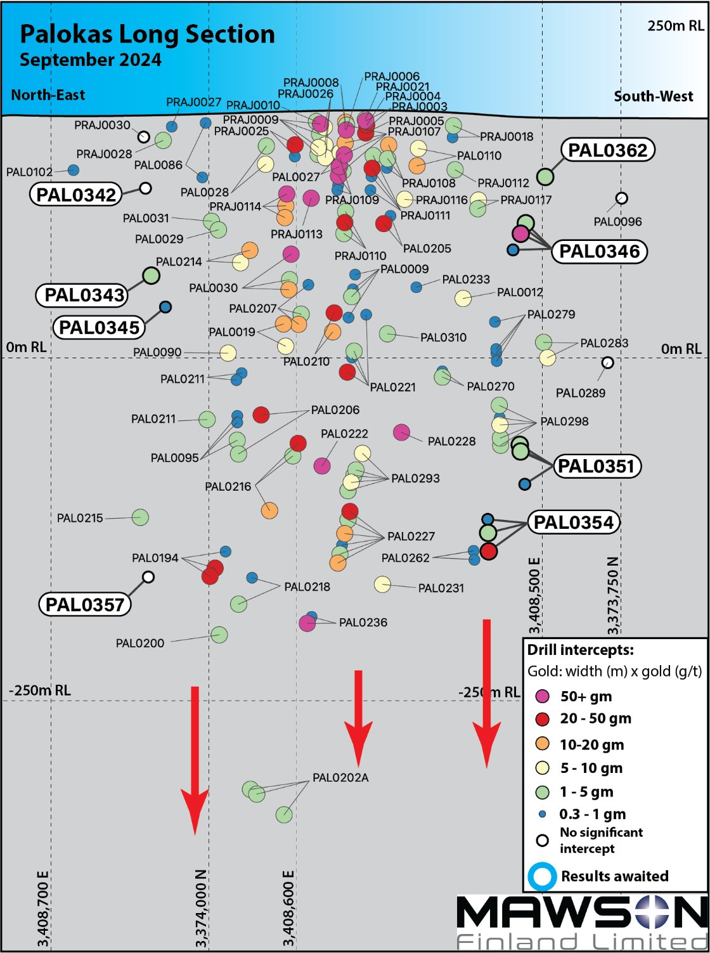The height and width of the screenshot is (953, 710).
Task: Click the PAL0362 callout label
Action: pos(607,150)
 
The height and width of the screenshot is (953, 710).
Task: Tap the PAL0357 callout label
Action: pos(85,604)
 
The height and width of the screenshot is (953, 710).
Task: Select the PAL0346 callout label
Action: pos(599,251)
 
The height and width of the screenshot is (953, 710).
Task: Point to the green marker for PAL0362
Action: pos(545,176)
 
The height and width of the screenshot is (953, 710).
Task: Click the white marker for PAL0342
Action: pos(145,188)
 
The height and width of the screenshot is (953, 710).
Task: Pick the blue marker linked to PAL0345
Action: pos(165,307)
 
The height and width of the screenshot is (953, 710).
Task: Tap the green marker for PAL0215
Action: pos(140,517)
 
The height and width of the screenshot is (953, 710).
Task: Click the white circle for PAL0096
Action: pos(622,198)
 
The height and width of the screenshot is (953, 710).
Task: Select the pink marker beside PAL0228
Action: pos(401,432)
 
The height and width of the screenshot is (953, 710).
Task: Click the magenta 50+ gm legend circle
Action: pos(542,696)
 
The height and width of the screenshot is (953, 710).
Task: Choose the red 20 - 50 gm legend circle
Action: pos(542,719)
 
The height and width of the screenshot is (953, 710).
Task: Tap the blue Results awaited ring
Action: pos(542,876)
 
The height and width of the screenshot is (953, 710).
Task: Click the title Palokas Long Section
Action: pos(148,34)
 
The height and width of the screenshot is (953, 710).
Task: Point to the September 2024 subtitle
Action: pos(91,60)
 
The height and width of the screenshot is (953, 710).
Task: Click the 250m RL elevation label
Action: pos(675,26)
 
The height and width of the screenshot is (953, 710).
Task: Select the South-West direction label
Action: pos(653,96)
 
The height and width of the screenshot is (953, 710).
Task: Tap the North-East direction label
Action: pos(48,95)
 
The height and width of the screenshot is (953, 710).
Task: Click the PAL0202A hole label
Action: pos(340,777)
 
